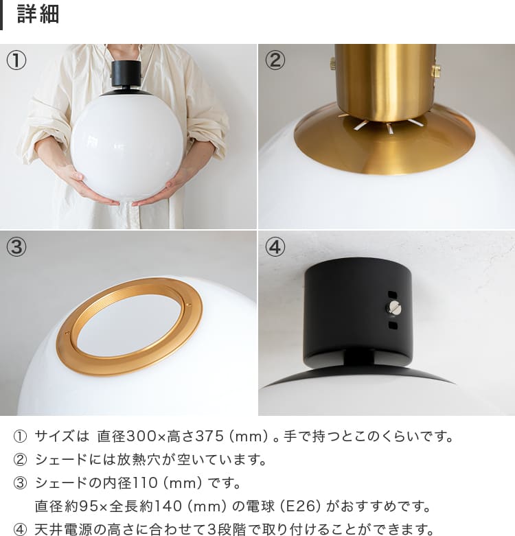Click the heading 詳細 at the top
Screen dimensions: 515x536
click(38, 14)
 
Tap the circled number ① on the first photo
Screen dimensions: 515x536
click(16, 60)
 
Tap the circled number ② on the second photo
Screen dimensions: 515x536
click(275, 60)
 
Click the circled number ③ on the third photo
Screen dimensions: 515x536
click(16, 247)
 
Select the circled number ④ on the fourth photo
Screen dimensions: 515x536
click(275, 247)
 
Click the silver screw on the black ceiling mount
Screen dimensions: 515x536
click(393, 308)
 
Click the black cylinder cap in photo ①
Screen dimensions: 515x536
click(126, 73)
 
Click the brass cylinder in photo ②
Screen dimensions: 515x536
click(386, 82)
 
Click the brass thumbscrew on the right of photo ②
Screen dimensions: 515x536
click(435, 71)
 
